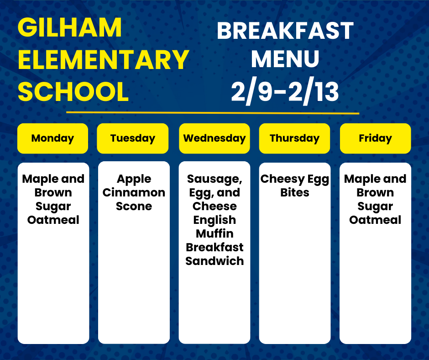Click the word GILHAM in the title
70,27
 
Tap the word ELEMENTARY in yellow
104,59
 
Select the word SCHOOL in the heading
73,91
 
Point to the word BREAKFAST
285,31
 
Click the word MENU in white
285,58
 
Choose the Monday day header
53,138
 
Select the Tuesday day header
133,138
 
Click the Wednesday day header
214,138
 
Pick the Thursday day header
295,138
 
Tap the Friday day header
375,138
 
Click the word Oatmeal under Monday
53,220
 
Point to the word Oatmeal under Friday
375,220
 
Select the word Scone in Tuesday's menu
134,206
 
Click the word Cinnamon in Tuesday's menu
134,193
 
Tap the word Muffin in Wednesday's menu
214,234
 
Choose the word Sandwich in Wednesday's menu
214,261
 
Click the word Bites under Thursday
295,193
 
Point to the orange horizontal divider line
213,112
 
